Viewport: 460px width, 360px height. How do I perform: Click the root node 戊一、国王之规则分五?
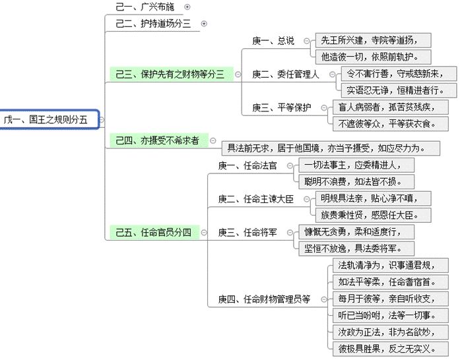[49, 119]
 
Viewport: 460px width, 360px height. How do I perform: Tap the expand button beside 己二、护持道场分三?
[204, 24]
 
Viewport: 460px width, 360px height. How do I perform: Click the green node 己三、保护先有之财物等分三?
[170, 74]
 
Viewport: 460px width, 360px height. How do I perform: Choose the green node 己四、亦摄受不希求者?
[158, 140]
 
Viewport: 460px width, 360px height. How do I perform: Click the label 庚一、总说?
[273, 41]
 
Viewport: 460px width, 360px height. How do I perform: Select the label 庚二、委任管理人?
[286, 74]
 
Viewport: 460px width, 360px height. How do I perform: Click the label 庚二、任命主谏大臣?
[255, 198]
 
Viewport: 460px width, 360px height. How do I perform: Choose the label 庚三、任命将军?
[248, 232]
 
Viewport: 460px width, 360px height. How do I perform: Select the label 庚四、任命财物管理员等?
[264, 299]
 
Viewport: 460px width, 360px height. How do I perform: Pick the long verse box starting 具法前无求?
[329, 148]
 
